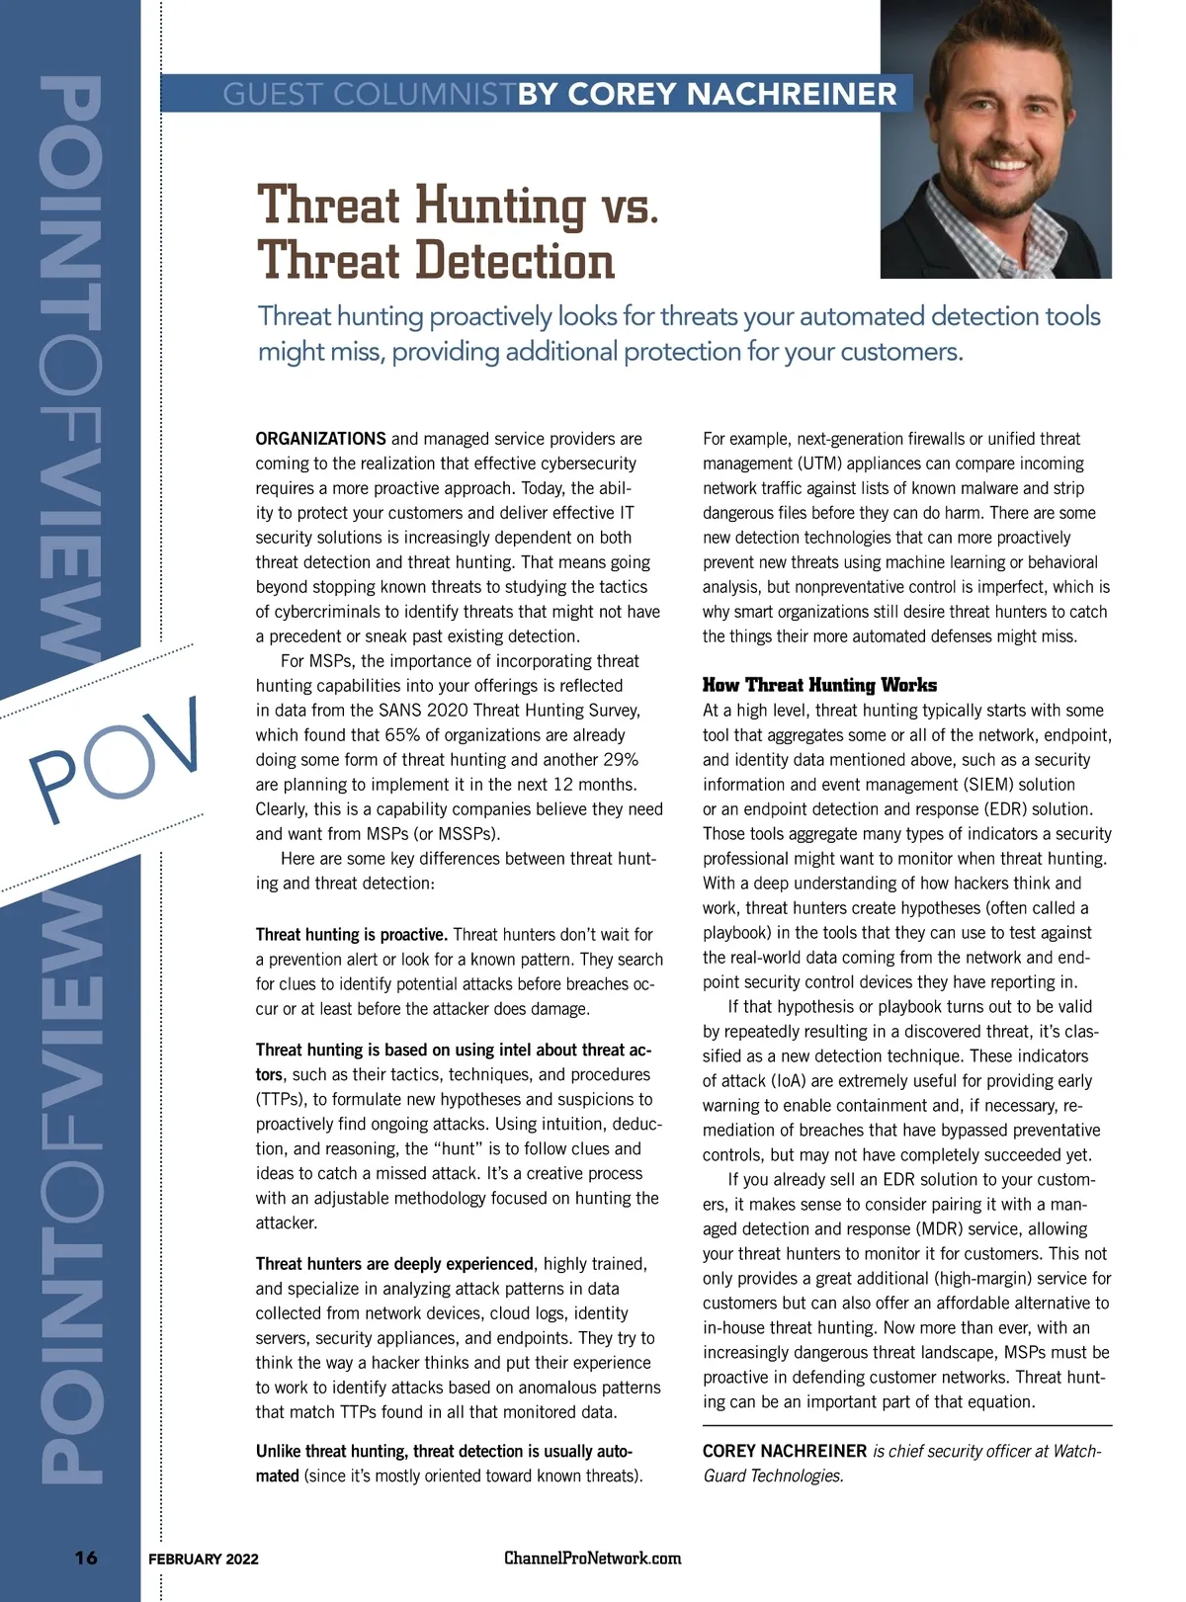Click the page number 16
86,1558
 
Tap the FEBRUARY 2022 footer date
204,1559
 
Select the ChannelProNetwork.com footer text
592,1558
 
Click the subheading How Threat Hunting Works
819,685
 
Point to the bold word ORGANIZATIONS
320,439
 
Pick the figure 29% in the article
620,760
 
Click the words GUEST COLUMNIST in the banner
369,95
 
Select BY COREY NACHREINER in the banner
708,95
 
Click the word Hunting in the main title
500,206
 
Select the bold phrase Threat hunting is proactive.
352,935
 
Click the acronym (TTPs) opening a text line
280,1099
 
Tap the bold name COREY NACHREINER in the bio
784,1451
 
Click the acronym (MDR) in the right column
944,1229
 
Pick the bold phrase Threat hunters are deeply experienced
394,1264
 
